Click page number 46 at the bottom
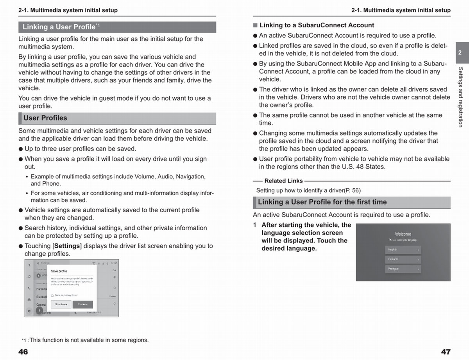pos(23,352)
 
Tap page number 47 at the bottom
pos(446,352)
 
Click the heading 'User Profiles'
pos(45,118)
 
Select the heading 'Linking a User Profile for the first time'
pos(322,202)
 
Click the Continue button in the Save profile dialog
pos(82,304)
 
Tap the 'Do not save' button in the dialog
pos(61,304)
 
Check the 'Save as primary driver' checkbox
pos(52,296)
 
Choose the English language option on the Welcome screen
pos(403,249)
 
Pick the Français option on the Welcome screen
pos(403,269)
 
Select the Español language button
pos(403,259)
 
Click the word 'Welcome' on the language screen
pos(403,234)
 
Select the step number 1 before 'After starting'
pos(255,225)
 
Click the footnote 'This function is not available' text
pos(89,340)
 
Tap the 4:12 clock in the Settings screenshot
pos(113,263)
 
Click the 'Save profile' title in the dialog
pos(59,271)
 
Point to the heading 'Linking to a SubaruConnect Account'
pos(317,25)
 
